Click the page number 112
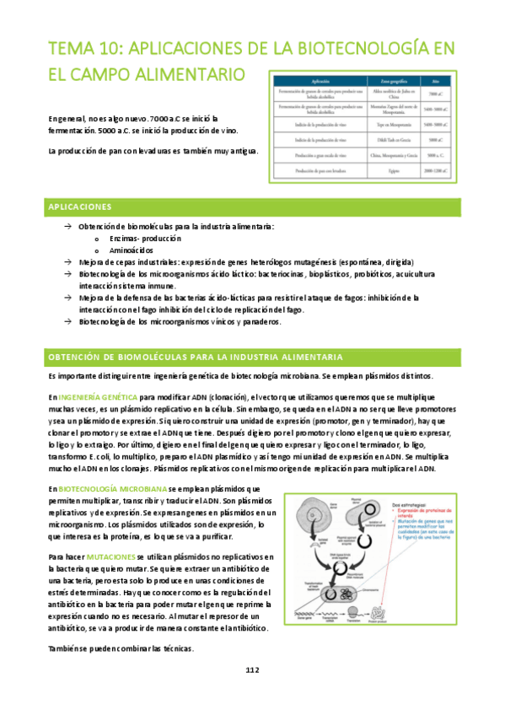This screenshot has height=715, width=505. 252,669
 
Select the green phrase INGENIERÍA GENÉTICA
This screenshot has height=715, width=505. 96,395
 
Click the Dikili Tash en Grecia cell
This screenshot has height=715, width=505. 387,139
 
